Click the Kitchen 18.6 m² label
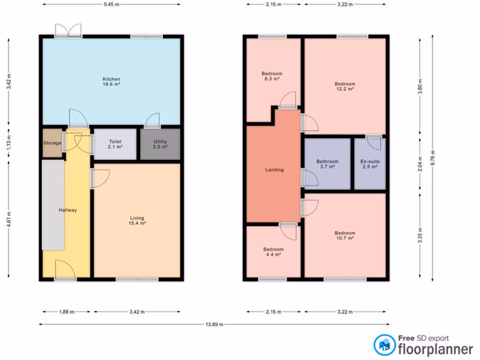pyautogui.click(x=112, y=82)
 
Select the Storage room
pyautogui.click(x=52, y=143)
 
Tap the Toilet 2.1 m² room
pyautogui.click(x=115, y=144)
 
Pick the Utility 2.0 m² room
pyautogui.click(x=160, y=144)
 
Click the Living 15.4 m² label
pyautogui.click(x=137, y=220)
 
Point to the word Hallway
pyautogui.click(x=68, y=210)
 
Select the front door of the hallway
pyautogui.click(x=65, y=270)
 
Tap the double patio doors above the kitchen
pyautogui.click(x=68, y=30)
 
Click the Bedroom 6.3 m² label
pyautogui.click(x=272, y=76)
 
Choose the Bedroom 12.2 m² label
pyautogui.click(x=345, y=86)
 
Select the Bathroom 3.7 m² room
pyautogui.click(x=327, y=164)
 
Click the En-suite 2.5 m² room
pyautogui.click(x=370, y=164)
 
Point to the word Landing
pyautogui.click(x=274, y=170)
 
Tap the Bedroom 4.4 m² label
pyautogui.click(x=273, y=252)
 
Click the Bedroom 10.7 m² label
pyautogui.click(x=345, y=235)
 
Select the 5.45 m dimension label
pyautogui.click(x=111, y=4)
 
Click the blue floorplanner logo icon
pyautogui.click(x=384, y=345)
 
